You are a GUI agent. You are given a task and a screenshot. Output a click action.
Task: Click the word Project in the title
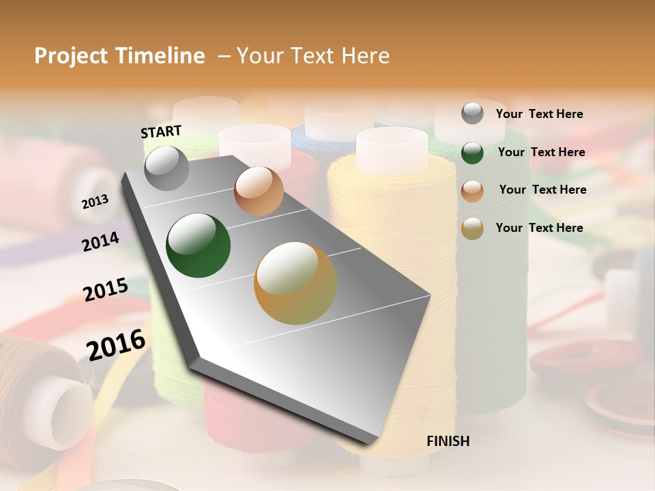(71, 56)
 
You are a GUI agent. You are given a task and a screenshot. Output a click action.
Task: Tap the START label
(161, 132)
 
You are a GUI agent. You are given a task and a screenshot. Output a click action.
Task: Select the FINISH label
(448, 441)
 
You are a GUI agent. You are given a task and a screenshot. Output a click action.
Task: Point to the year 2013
(95, 202)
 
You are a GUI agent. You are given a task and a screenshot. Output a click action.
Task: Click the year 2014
(100, 241)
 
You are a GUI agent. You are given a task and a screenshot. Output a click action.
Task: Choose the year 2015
(106, 290)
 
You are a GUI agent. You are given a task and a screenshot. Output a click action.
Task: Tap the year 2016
(116, 344)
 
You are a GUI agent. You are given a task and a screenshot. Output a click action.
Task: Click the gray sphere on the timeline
(167, 168)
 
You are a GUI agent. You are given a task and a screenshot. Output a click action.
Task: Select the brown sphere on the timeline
(259, 191)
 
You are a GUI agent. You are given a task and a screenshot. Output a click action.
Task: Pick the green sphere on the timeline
(199, 245)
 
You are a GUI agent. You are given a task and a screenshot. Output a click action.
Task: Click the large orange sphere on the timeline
(295, 283)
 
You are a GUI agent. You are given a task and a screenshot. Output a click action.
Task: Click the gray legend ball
(472, 114)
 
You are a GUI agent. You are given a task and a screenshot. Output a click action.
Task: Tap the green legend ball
(472, 153)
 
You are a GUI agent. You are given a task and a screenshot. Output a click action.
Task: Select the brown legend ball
(472, 190)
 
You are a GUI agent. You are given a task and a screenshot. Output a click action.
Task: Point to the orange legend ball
(472, 228)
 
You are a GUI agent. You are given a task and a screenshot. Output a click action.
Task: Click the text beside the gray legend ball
(539, 115)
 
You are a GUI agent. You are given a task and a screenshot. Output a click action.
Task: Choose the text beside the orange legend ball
(539, 228)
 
